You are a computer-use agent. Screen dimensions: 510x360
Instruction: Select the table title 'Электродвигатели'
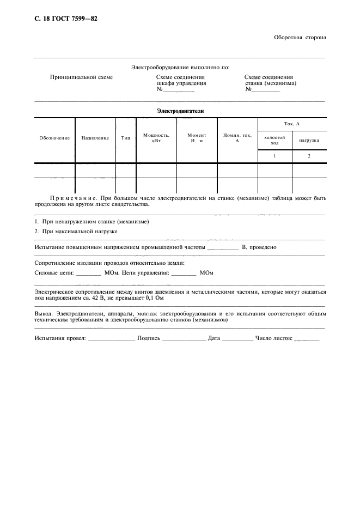click(x=180, y=111)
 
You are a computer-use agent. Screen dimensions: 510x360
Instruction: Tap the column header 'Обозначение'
click(x=54, y=138)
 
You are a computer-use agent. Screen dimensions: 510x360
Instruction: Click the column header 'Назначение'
click(x=95, y=138)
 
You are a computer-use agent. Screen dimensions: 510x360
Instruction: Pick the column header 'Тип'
click(x=125, y=138)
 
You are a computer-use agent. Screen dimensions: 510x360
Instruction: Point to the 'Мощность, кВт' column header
click(x=156, y=138)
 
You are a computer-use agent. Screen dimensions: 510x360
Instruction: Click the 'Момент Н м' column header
click(x=197, y=138)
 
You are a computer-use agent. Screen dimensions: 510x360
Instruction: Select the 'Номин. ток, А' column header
click(x=237, y=138)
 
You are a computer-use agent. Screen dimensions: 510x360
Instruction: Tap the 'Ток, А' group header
click(x=292, y=125)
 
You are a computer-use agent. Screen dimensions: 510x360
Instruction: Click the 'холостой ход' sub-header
click(x=274, y=140)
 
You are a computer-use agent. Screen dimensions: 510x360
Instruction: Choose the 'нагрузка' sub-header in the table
click(x=309, y=140)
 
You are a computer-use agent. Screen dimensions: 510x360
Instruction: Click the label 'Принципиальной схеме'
click(x=82, y=77)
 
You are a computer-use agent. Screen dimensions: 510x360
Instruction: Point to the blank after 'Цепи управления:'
click(x=183, y=274)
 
